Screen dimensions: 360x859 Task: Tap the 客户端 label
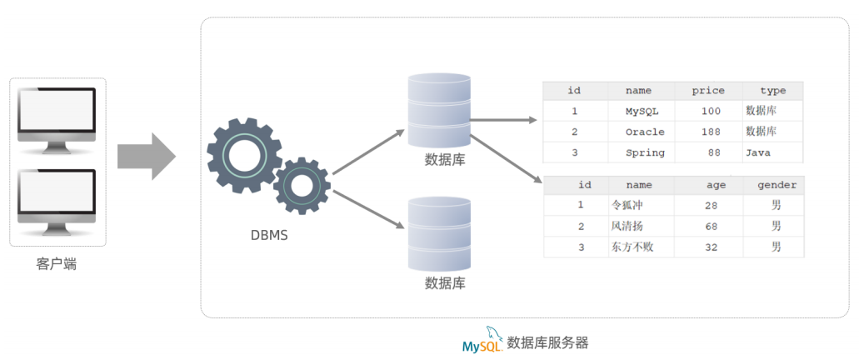pos(57,264)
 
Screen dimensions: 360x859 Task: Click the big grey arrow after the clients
pos(145,155)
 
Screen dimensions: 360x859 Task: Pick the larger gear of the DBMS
pos(243,154)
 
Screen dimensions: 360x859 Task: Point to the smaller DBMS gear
pos(301,184)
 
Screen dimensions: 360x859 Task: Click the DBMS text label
pos(269,235)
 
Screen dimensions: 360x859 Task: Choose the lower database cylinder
pos(439,233)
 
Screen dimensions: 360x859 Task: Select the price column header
pos(708,91)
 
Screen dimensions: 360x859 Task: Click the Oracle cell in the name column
pos(645,132)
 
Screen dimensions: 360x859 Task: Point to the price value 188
pos(711,132)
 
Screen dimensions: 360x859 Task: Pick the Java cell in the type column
pos(758,152)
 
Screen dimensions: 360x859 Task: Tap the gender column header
pos(777,185)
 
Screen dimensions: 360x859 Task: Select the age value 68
pos(710,226)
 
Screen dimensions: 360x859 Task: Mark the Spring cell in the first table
pos(645,152)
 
